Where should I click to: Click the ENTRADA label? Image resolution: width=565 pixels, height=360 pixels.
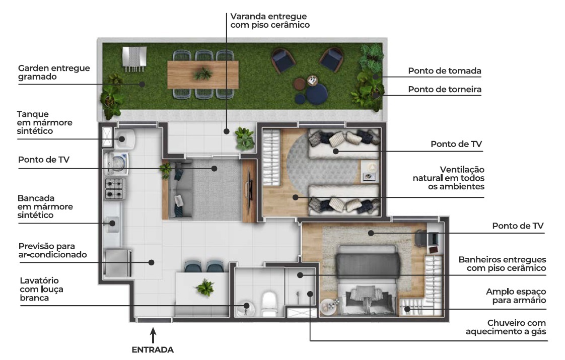tap(152, 350)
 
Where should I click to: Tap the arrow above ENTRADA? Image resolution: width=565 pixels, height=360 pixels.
tap(153, 334)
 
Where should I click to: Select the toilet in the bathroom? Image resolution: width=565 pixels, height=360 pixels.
tap(268, 303)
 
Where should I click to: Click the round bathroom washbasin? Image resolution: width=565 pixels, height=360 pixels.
tap(246, 306)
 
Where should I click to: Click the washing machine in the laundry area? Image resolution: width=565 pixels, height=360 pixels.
tap(115, 163)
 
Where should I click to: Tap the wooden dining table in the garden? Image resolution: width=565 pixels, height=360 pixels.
tap(202, 75)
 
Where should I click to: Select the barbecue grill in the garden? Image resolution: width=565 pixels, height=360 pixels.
tap(134, 57)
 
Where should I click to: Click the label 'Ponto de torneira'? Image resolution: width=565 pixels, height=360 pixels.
tap(445, 90)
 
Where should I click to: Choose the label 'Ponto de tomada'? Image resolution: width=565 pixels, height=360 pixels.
tap(445, 71)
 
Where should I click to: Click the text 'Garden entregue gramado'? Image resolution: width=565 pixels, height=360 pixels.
tap(54, 73)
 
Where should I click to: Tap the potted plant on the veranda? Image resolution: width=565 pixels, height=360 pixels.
tap(245, 137)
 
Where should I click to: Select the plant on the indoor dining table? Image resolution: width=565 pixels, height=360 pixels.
tap(205, 288)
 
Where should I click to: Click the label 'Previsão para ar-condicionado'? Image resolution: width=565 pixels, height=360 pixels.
tap(52, 250)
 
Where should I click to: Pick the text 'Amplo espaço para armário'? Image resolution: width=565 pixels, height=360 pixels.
tap(516, 296)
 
